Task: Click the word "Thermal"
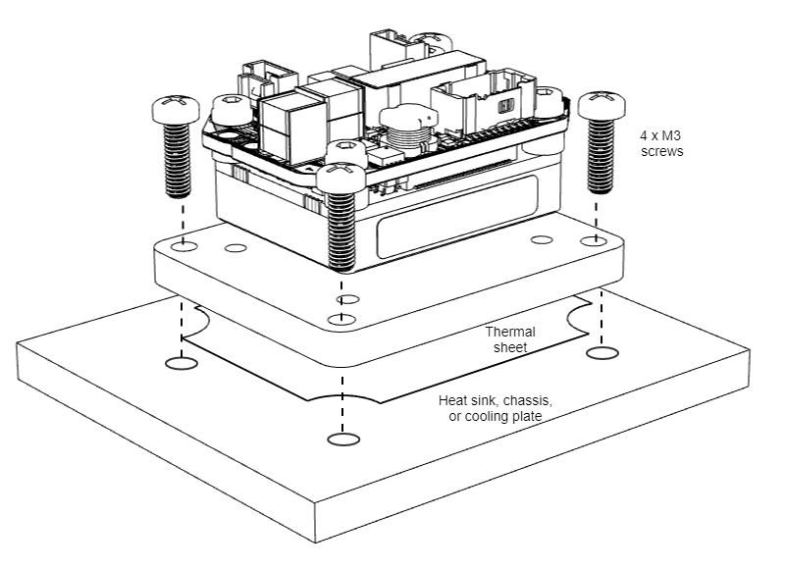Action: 507,333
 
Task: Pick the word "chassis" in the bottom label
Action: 529,401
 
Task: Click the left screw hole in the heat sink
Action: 179,364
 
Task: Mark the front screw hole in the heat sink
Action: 340,439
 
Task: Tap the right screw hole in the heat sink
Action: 600,350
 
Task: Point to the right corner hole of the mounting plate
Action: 591,240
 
